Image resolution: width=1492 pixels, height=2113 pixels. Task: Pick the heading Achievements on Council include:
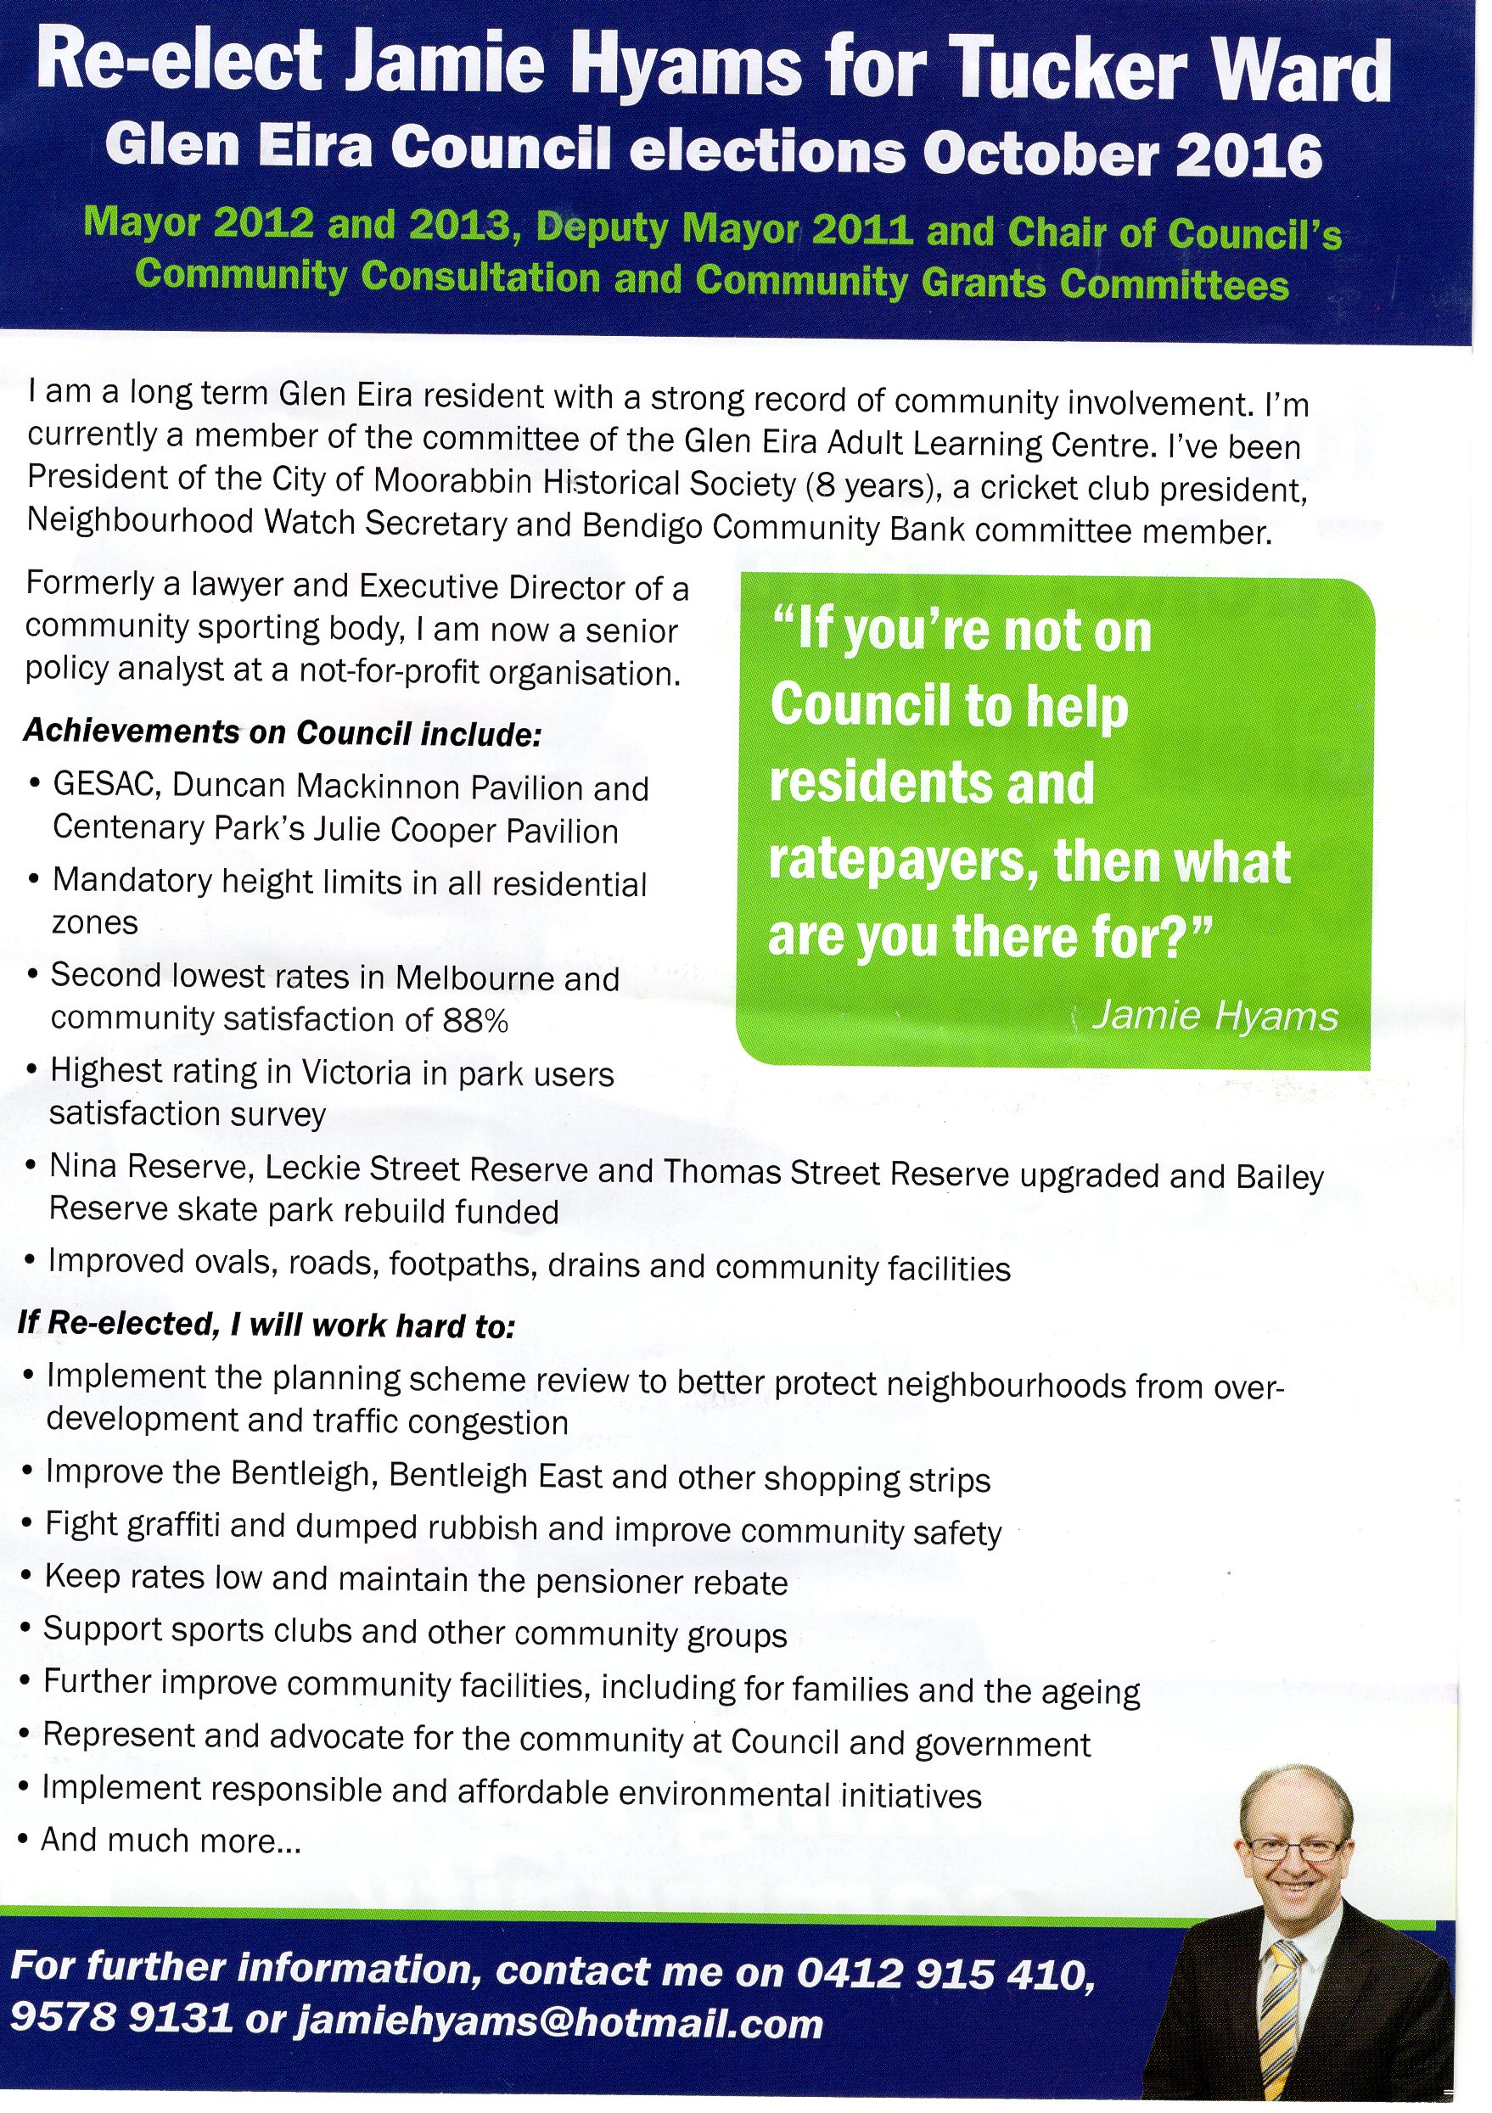pos(282,732)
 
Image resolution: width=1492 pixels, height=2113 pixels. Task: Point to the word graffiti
pos(176,1527)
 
